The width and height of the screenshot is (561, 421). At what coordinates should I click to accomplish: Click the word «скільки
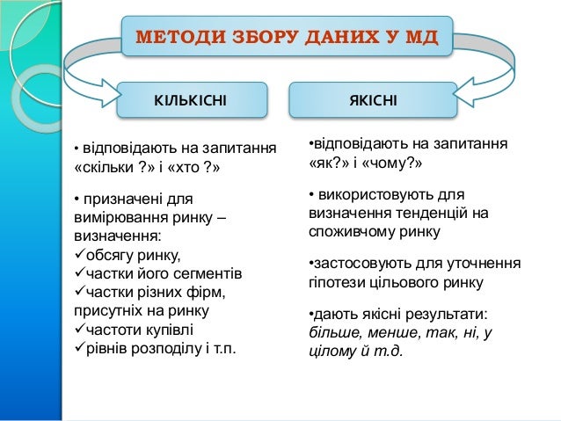(100, 166)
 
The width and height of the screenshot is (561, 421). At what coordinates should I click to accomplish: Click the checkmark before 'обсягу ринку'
(78, 256)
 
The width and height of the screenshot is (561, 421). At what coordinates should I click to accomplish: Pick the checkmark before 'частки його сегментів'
(78, 274)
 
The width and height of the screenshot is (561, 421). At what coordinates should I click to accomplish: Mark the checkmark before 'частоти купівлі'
(78, 330)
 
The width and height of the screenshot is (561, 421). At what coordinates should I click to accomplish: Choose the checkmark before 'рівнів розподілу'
(78, 349)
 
